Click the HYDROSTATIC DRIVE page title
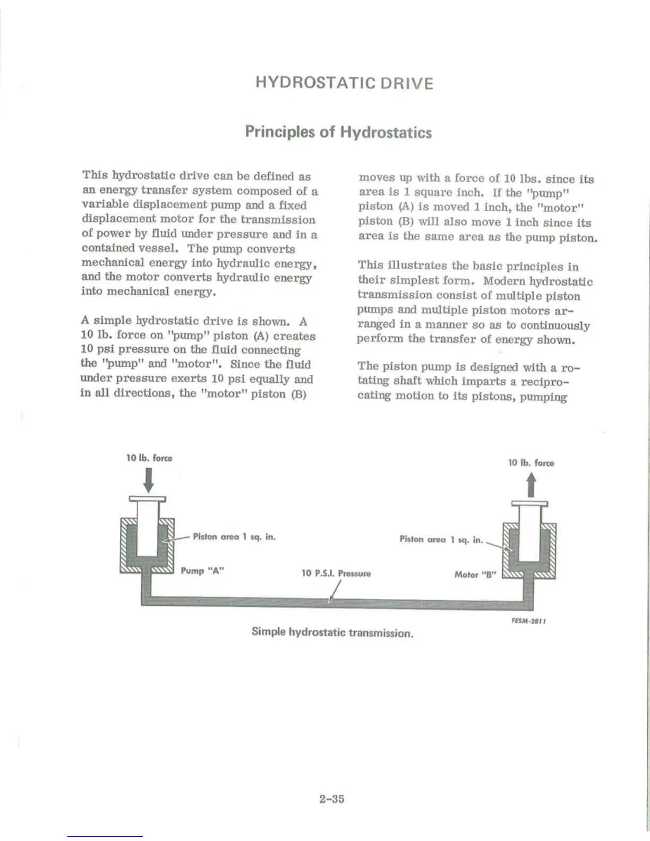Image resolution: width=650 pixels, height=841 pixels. (x=344, y=83)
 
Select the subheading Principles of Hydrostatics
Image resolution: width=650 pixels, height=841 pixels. (x=338, y=132)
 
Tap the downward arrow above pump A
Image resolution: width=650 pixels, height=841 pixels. (x=149, y=482)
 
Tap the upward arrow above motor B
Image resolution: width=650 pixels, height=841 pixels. (x=531, y=485)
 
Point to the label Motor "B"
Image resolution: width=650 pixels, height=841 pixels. (x=475, y=574)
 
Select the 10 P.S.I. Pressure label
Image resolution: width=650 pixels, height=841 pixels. (x=336, y=573)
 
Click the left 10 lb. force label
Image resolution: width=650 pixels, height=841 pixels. (x=149, y=458)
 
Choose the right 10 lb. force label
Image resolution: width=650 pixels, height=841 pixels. (x=531, y=463)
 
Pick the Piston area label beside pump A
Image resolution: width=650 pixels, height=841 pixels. (x=234, y=537)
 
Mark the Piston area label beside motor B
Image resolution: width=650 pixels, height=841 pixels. (x=441, y=539)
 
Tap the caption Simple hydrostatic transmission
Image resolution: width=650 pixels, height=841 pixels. (x=332, y=632)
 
